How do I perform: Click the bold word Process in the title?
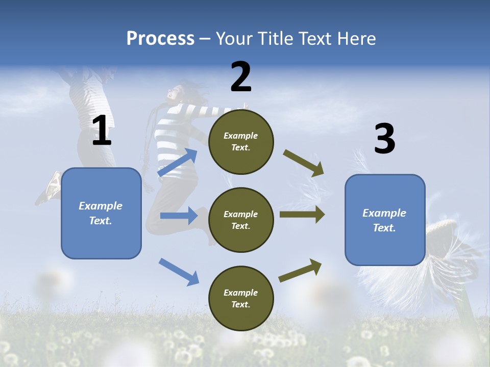pos(160,39)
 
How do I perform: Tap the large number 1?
pos(102,130)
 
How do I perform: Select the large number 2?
pos(241,77)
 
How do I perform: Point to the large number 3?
pos(385,138)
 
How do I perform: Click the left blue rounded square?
pos(101,214)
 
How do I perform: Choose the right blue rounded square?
pos(385,220)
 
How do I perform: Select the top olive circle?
pos(241,142)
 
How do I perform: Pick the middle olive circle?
pos(241,220)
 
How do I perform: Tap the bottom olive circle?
pos(241,298)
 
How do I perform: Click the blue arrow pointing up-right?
pos(177,162)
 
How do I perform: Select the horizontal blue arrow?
pos(179,216)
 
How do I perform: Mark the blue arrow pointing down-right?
pos(179,272)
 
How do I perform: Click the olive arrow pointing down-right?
pos(303,163)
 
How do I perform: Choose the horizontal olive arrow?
pos(302,215)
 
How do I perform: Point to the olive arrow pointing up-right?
pos(300,270)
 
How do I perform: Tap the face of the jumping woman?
pos(174,93)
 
